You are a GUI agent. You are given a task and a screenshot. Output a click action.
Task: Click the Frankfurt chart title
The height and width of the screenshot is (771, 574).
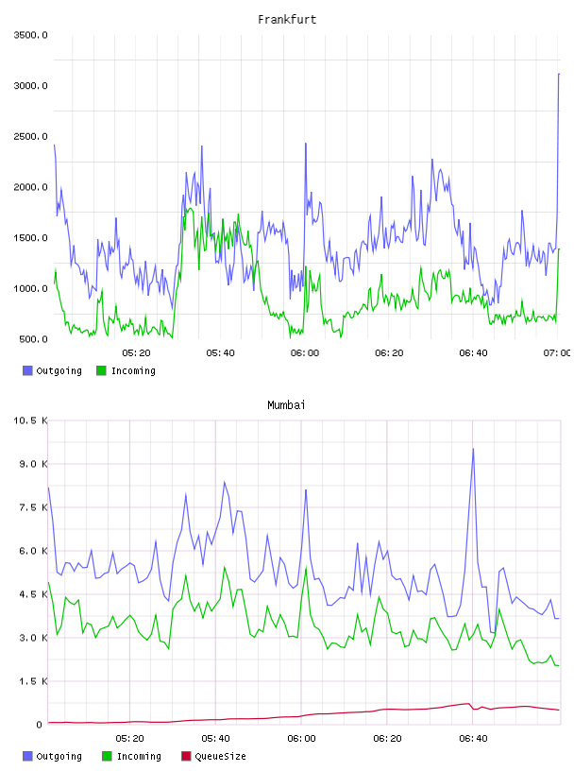(x=287, y=20)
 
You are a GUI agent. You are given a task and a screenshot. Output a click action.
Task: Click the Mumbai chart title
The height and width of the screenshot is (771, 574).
(x=286, y=405)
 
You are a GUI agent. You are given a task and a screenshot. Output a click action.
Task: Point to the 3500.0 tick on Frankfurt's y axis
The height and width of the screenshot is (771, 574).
(x=30, y=35)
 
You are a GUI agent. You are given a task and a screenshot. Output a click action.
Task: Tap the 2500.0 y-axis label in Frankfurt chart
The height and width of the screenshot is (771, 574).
(x=30, y=136)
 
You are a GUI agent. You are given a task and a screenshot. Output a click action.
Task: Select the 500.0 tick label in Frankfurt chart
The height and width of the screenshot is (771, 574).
(x=33, y=339)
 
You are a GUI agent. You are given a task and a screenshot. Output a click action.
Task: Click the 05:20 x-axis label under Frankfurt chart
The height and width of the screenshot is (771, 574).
(x=136, y=353)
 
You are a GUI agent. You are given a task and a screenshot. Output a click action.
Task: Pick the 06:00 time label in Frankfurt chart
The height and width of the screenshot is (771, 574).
(x=305, y=353)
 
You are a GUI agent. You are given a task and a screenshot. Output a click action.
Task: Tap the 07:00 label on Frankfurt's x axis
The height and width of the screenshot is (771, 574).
(x=557, y=353)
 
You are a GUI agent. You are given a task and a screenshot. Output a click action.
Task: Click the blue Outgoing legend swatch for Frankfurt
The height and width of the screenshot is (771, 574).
(x=27, y=370)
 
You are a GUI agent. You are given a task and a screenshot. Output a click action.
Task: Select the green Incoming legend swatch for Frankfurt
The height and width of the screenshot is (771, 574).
(x=101, y=370)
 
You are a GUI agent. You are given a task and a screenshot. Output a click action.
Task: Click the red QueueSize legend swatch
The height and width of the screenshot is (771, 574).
(x=186, y=756)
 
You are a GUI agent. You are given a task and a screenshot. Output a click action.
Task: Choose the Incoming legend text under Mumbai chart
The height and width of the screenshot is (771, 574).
(x=139, y=757)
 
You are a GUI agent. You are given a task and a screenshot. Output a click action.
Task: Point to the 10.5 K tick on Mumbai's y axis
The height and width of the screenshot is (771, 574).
(x=30, y=420)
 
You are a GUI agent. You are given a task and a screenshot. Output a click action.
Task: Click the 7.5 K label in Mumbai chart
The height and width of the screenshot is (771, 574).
(x=33, y=507)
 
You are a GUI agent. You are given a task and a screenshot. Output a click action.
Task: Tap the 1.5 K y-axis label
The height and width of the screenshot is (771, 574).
(x=33, y=681)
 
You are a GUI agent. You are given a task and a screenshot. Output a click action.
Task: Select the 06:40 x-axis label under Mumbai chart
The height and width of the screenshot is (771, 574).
(x=473, y=739)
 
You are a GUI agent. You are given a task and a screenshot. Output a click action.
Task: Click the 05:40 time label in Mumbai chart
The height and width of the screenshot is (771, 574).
(x=216, y=739)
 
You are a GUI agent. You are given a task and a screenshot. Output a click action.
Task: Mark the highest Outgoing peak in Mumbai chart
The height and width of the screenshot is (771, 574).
(x=473, y=449)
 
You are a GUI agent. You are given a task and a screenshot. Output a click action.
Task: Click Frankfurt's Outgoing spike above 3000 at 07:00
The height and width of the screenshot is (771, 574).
(x=559, y=74)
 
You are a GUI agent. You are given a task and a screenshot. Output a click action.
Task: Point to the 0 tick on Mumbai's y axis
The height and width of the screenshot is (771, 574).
(x=40, y=725)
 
